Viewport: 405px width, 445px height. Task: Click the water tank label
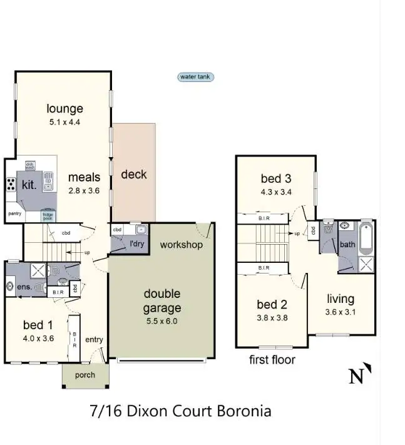[196, 77]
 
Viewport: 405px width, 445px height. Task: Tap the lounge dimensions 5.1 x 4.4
[65, 123]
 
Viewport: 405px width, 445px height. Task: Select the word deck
[134, 174]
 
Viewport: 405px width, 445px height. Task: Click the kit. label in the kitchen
[29, 185]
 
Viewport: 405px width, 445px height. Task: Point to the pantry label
[15, 213]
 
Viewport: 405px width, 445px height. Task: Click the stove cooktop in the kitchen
[11, 184]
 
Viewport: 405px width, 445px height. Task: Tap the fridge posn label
[48, 216]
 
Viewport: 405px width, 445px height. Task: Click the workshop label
[182, 245]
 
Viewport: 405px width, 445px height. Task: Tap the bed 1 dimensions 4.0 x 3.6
[38, 339]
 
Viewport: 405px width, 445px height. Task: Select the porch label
[85, 375]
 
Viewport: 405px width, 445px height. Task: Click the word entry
[94, 339]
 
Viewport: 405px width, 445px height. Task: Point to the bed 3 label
[276, 179]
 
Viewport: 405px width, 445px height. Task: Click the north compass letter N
[356, 376]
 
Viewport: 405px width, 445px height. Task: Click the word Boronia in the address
[244, 411]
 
